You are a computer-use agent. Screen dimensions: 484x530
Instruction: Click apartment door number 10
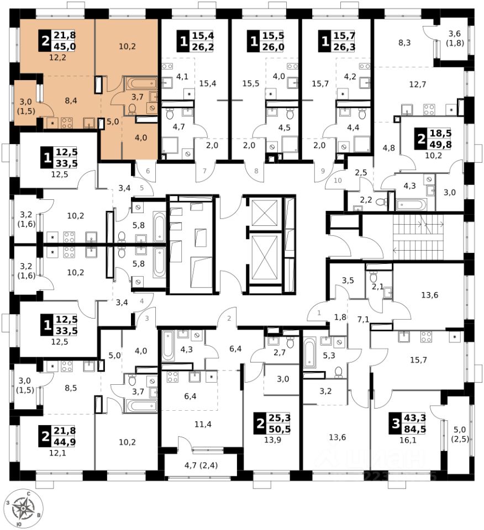tap(338, 180)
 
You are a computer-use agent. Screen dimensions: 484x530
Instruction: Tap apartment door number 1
tap(318, 314)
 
